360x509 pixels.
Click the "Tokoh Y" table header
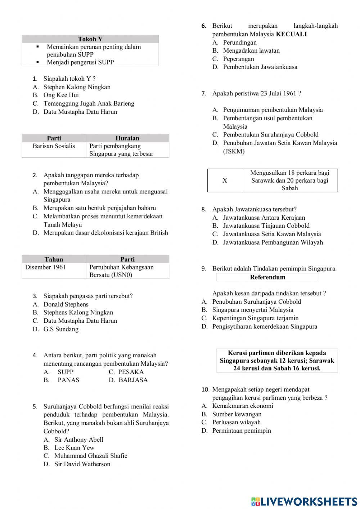90,39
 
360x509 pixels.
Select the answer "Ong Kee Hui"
61,95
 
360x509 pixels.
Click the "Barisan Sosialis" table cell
54,146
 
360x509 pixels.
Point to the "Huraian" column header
127,138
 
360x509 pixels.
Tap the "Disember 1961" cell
45,267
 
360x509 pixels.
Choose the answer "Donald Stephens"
66,304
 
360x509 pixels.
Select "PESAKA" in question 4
131,372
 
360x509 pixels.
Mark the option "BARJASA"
133,380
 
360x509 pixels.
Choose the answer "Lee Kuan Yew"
74,448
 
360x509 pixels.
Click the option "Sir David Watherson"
82,464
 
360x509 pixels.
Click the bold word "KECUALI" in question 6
291,34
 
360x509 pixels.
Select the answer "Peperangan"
238,59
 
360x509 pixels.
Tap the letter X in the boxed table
225,180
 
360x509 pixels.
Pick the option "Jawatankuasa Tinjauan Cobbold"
266,226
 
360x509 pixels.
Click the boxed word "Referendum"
267,277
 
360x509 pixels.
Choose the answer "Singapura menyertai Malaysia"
252,310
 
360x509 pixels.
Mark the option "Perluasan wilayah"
236,422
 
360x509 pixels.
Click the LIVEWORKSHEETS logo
304,501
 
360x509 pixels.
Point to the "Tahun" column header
54,259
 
